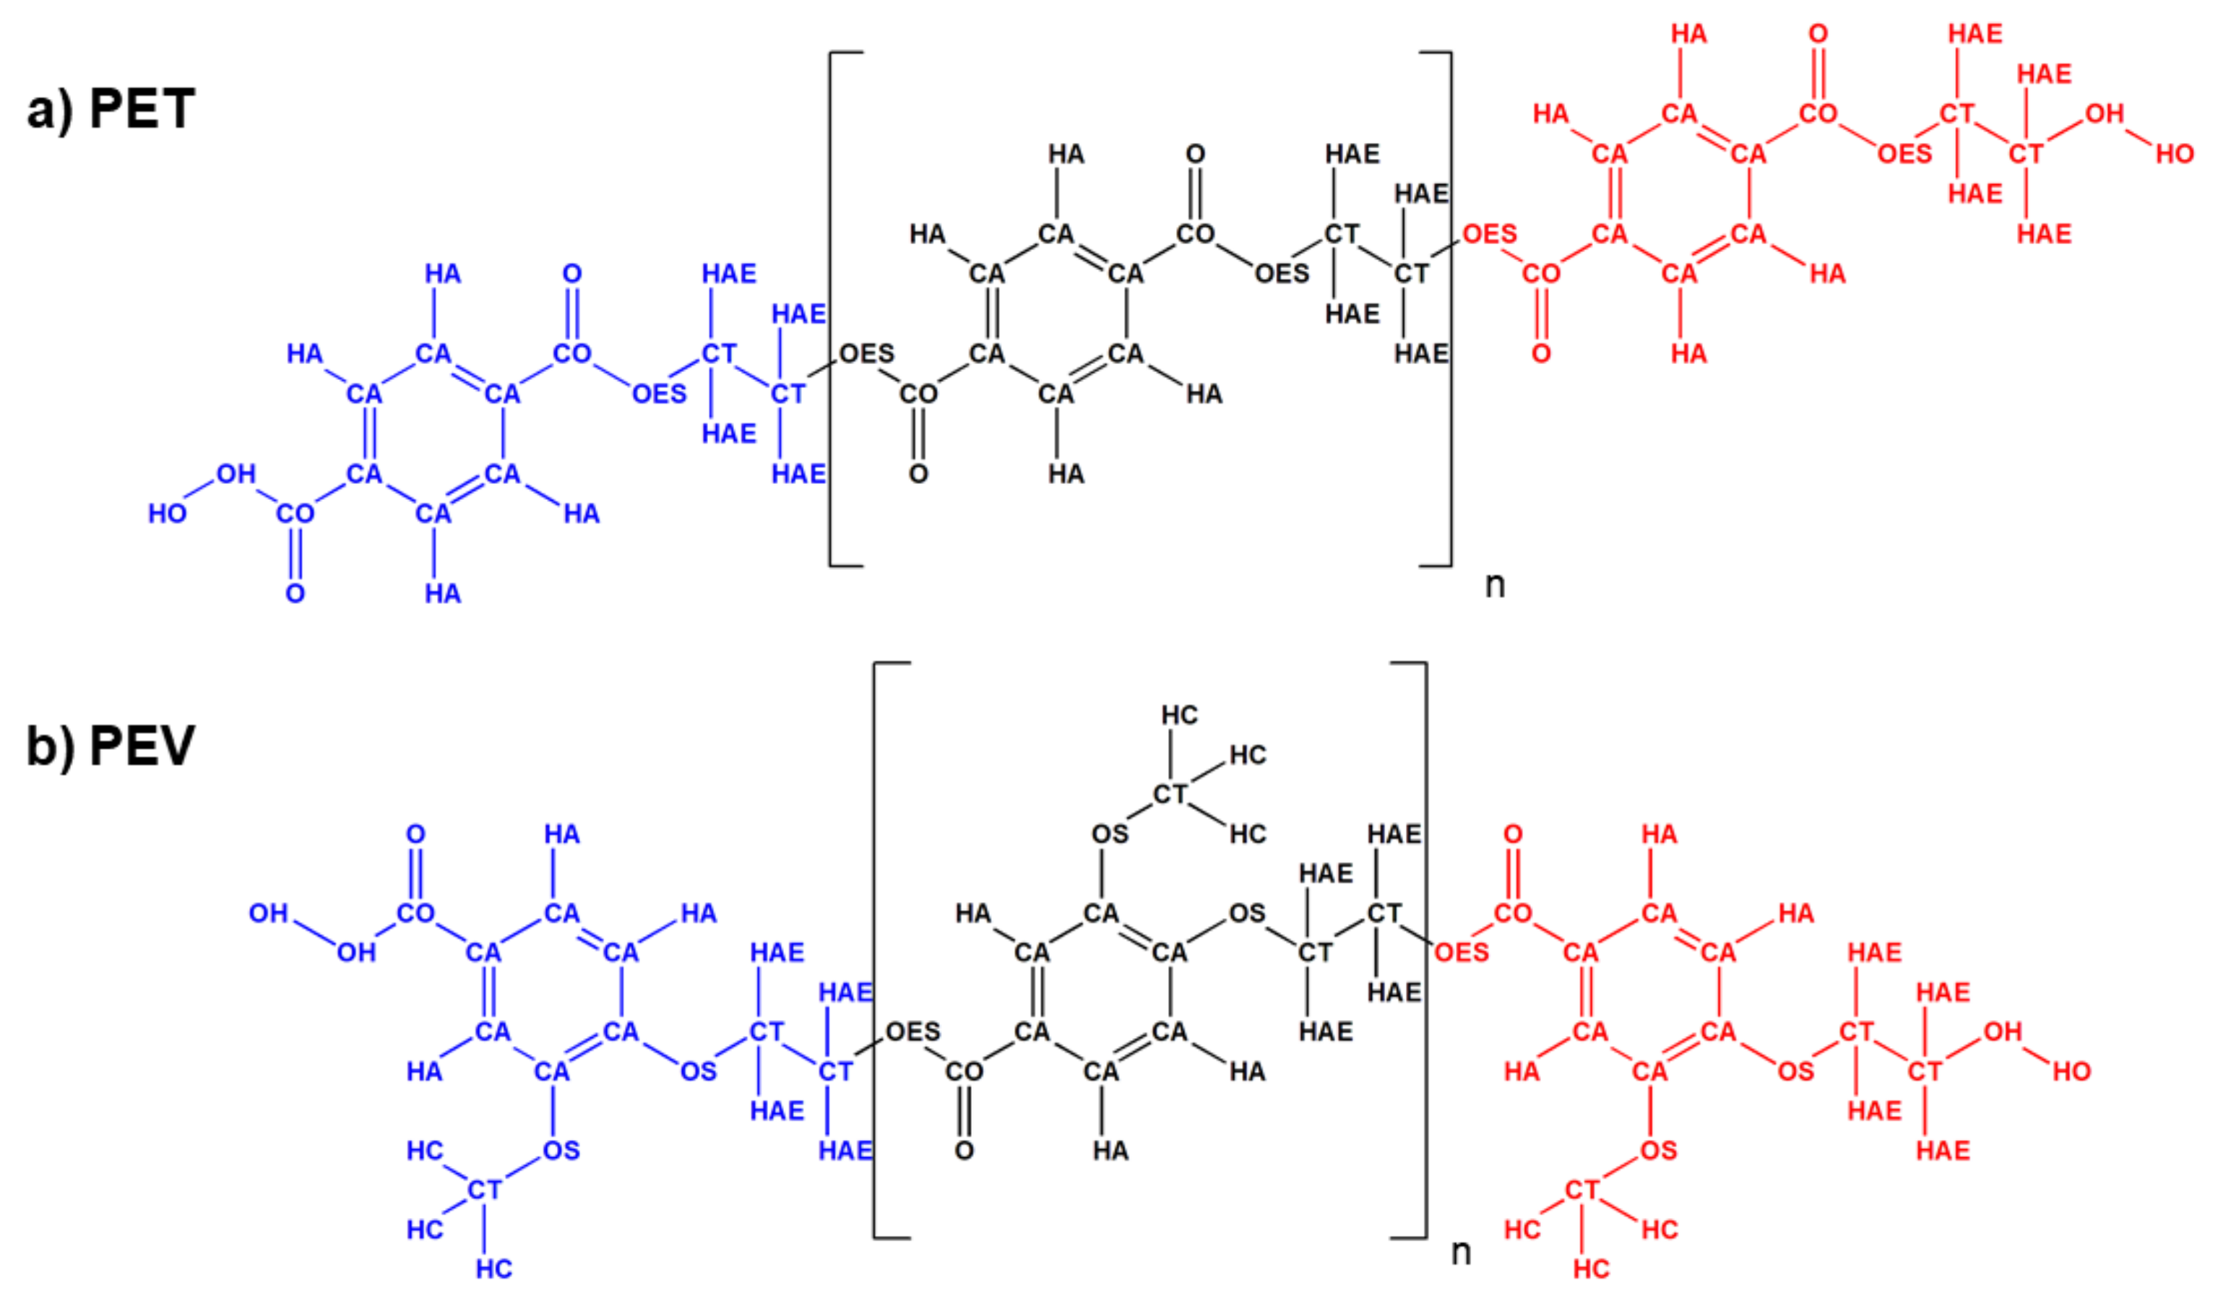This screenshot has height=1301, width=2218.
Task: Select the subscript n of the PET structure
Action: tap(1495, 584)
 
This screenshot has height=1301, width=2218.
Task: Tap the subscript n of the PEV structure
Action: tap(1460, 1251)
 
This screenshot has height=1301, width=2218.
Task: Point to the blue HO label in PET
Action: tap(167, 513)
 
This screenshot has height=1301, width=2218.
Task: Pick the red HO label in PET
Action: tap(2174, 154)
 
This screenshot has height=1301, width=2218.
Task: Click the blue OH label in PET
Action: tap(236, 474)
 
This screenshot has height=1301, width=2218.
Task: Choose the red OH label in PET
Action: tap(2104, 113)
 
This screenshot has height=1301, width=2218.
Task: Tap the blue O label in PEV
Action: tap(415, 834)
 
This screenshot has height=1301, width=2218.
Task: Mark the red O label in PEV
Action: tap(1512, 834)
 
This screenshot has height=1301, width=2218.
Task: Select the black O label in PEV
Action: tap(964, 1151)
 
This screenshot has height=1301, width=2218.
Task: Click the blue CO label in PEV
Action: tap(415, 913)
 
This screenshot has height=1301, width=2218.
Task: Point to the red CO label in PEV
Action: tap(1512, 913)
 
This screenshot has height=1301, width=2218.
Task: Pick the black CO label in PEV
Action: tap(964, 1071)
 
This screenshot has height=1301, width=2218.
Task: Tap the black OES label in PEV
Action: tap(912, 1031)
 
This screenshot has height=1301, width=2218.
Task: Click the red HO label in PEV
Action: tap(2071, 1071)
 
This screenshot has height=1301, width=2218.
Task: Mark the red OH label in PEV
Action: tap(2003, 1031)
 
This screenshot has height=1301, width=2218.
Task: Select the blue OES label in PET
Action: tap(659, 394)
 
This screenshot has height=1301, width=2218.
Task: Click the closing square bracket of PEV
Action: tap(1423, 951)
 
